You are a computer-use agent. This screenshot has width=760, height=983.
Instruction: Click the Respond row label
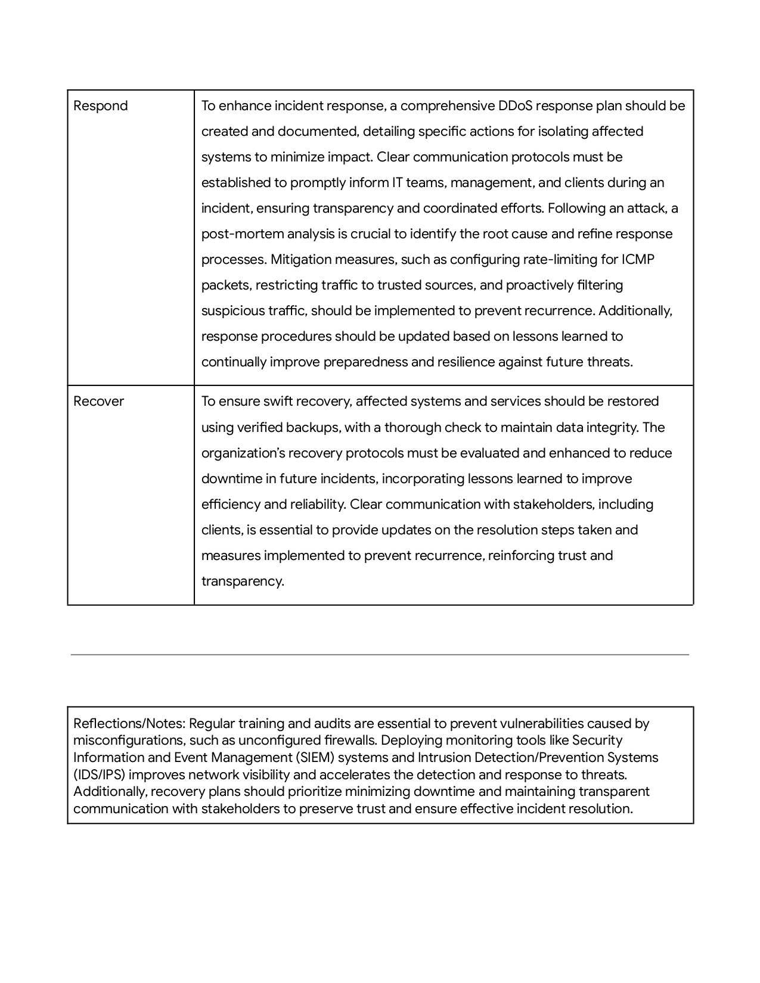click(x=100, y=106)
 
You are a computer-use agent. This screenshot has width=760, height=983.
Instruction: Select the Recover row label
click(x=98, y=402)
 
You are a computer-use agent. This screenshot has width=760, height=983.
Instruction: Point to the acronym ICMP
click(x=638, y=260)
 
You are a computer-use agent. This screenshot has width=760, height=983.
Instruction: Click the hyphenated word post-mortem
click(x=238, y=234)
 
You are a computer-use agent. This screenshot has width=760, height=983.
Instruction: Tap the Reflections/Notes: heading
click(x=129, y=724)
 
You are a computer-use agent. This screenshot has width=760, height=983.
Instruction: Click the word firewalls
click(x=348, y=741)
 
